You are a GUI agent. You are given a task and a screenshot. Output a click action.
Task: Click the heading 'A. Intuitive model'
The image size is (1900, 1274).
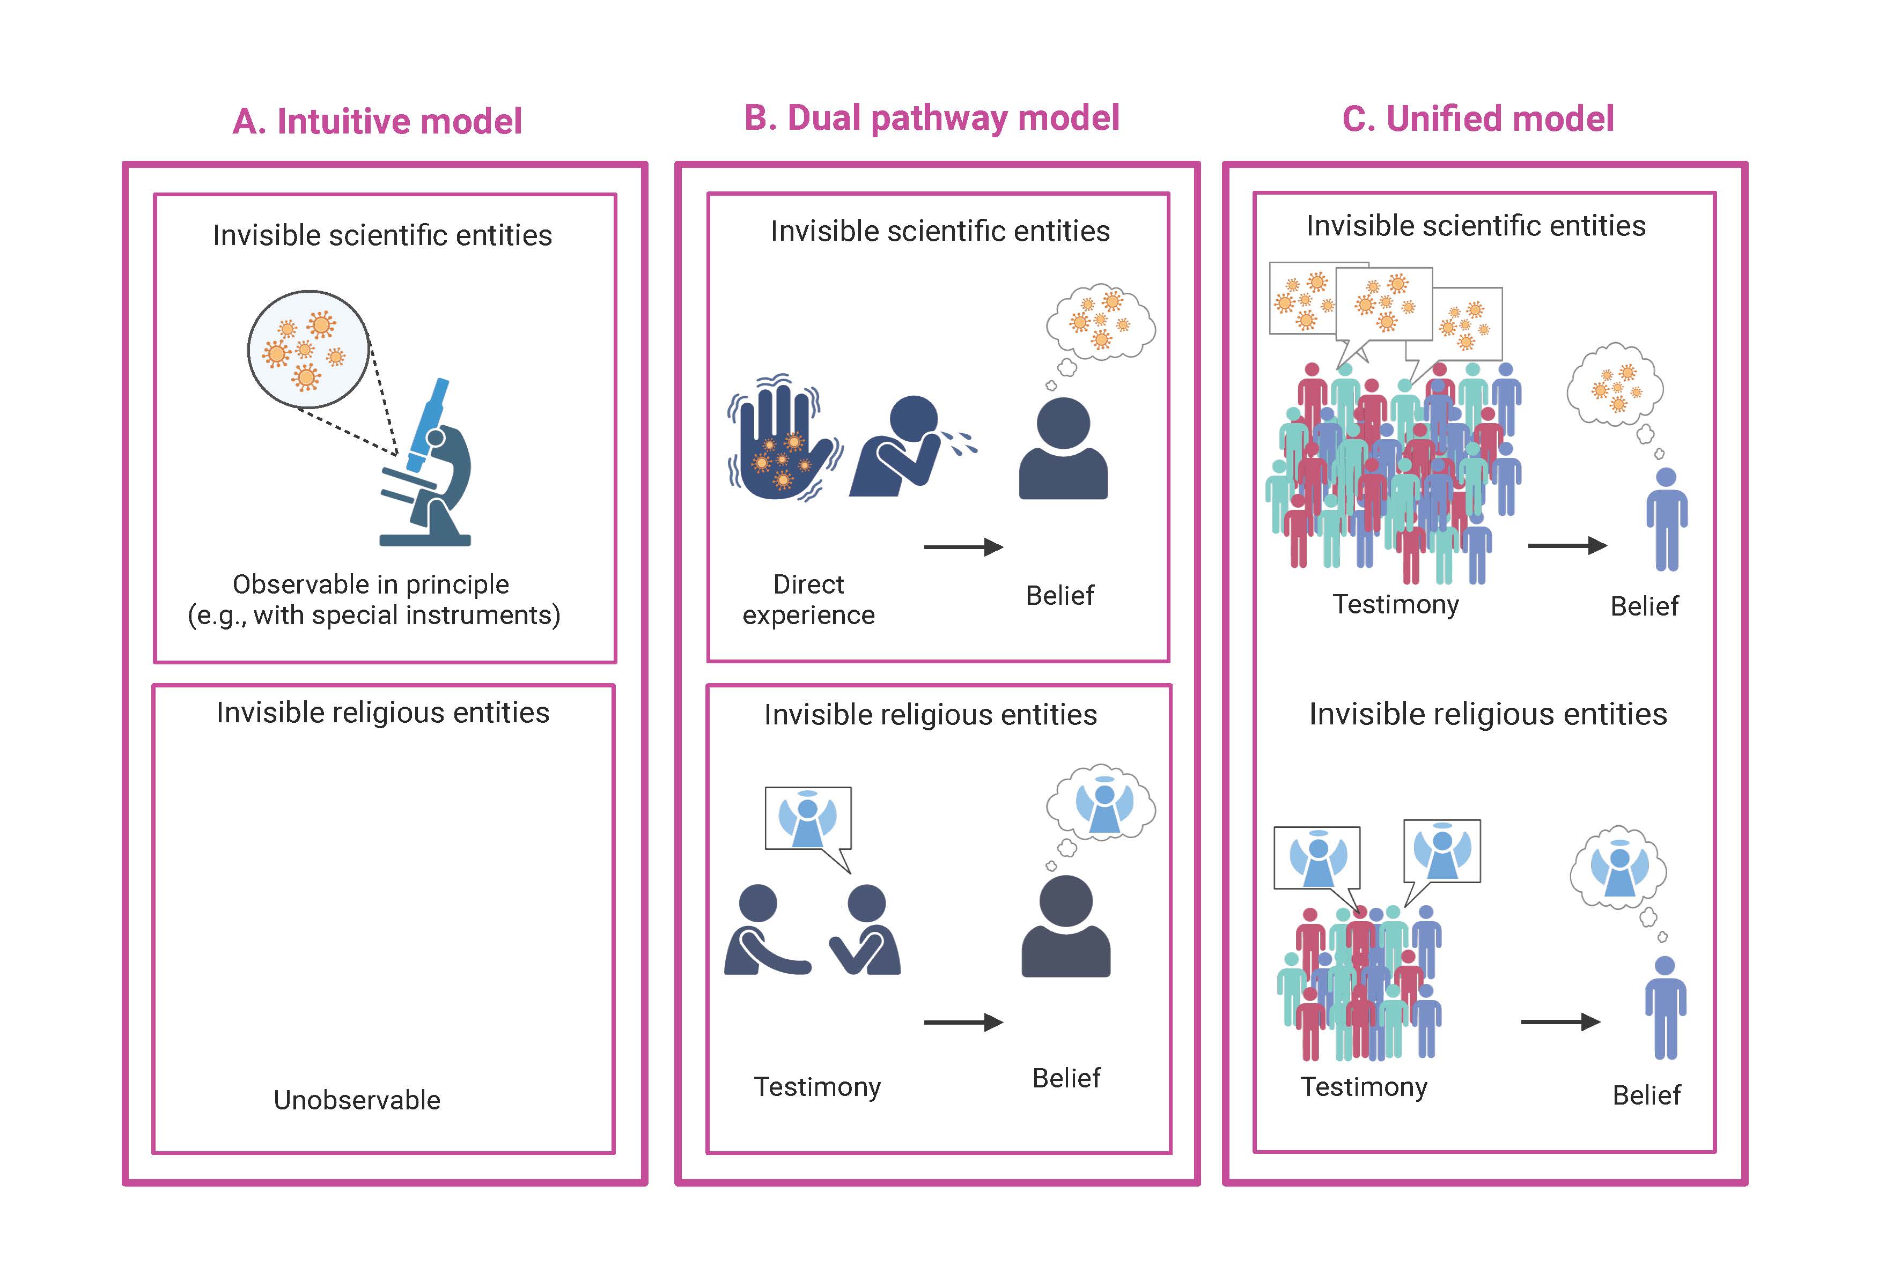[x=377, y=122]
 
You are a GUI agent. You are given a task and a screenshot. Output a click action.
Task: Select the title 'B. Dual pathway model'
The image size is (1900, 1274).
[x=931, y=118]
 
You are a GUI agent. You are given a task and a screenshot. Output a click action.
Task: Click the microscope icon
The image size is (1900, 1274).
[x=428, y=467]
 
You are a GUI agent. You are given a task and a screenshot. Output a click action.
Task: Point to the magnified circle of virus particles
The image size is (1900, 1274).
[x=308, y=350]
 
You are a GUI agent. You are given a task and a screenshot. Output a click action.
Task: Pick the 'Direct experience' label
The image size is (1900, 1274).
[x=808, y=599]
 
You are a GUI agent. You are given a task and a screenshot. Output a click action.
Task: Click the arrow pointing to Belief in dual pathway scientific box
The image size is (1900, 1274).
[x=963, y=547]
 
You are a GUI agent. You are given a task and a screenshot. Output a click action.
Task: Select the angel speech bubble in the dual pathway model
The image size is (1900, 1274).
[x=808, y=819]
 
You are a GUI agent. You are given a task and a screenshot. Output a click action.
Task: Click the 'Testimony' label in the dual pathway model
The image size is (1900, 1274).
[x=817, y=1087]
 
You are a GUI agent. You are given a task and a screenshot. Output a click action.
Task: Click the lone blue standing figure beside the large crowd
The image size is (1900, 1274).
[x=1666, y=520]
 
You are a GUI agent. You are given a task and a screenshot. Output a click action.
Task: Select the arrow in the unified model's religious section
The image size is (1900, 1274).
[x=1559, y=1022]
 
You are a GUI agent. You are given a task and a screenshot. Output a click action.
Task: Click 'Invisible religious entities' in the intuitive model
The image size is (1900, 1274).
[x=383, y=713]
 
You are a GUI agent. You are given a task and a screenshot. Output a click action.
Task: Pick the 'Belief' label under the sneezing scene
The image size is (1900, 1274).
[x=1060, y=596]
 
